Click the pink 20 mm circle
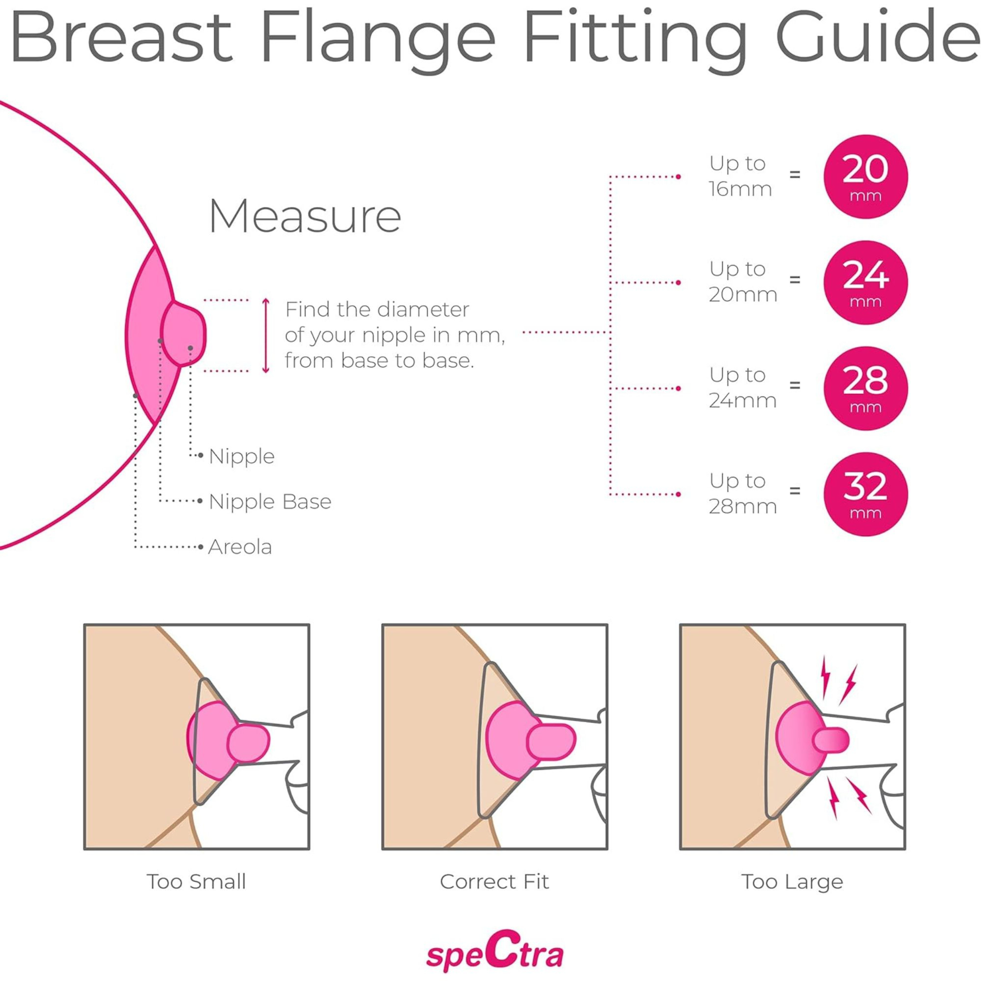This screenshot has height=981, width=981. coord(865,177)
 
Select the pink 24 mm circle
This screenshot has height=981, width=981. coord(865,282)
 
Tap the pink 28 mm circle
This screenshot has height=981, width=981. coord(865,388)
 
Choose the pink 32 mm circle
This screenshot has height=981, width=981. coord(865,494)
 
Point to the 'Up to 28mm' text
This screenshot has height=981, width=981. coord(742,494)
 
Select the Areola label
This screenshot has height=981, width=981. coord(240,547)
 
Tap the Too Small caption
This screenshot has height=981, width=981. coord(196,881)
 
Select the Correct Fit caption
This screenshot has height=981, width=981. coord(494,881)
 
